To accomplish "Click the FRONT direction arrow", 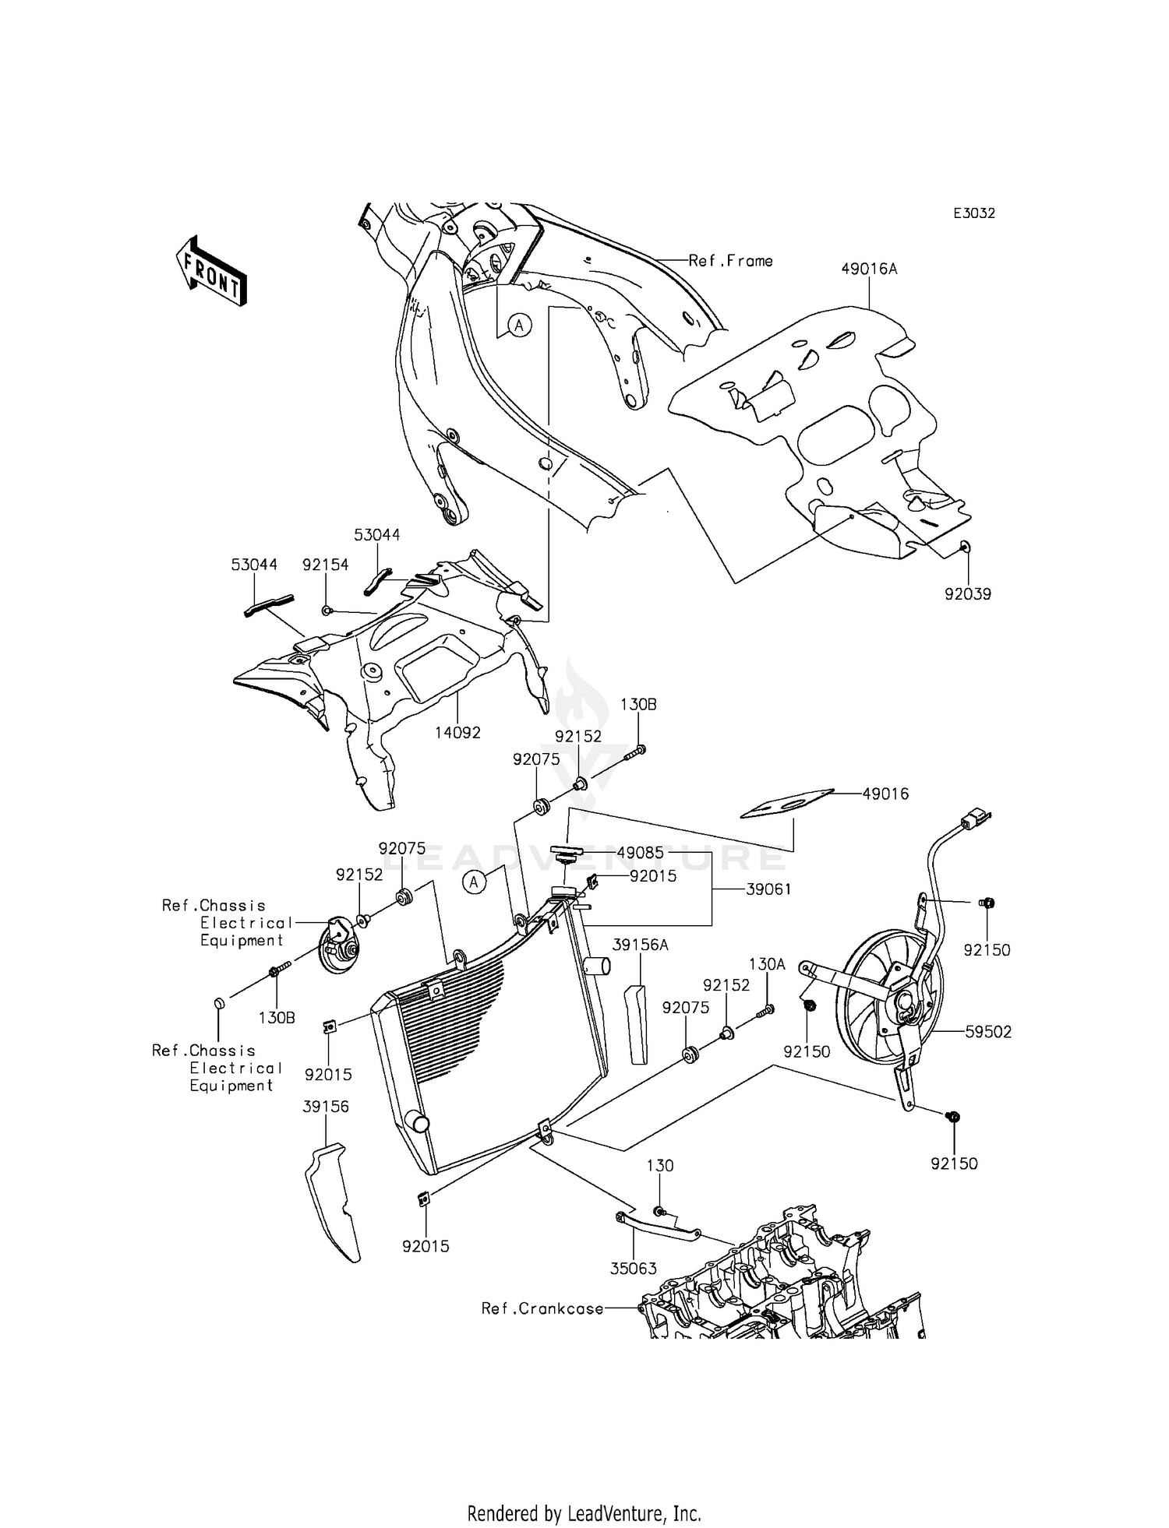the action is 210,271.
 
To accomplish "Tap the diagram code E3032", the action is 974,213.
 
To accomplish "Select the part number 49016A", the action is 869,269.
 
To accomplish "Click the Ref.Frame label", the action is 730,261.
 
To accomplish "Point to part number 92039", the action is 967,594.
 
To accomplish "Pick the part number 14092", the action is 457,732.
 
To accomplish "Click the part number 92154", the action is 326,565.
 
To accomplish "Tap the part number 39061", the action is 768,889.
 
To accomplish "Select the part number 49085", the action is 640,853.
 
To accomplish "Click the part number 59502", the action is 988,1032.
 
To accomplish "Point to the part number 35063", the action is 633,1269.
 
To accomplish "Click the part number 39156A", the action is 641,945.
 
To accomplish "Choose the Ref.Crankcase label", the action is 542,1309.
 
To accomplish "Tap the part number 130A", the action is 767,964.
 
